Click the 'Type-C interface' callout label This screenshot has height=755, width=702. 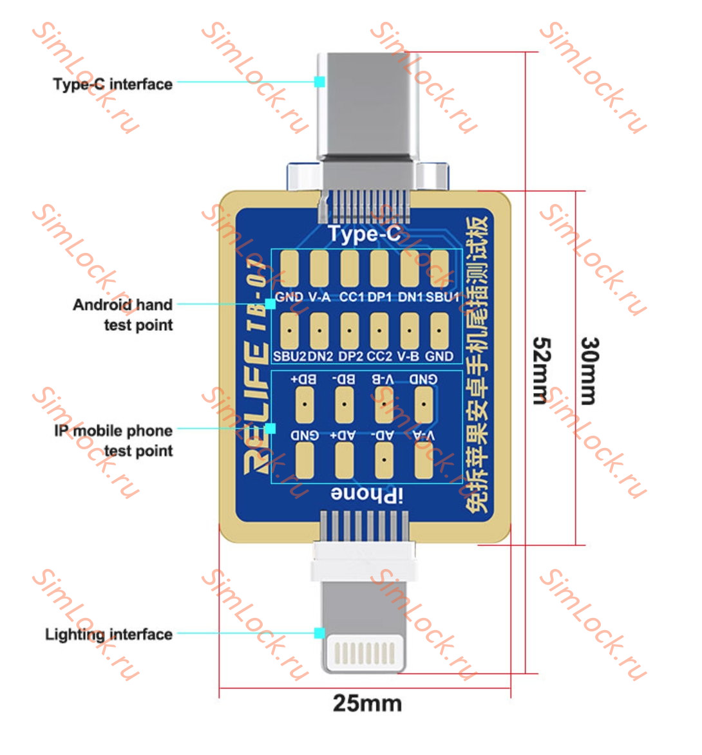pos(113,84)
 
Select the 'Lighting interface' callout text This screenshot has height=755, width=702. pos(109,635)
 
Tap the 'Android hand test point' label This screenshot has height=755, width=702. pos(123,314)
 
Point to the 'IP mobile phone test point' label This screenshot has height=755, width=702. pos(113,440)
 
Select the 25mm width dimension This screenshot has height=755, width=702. pos(367,703)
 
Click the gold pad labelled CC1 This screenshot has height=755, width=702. pos(350,268)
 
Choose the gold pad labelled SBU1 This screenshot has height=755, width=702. pos(439,268)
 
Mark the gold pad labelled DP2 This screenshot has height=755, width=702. pos(349,330)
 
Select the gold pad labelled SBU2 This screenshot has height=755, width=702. pos(290,330)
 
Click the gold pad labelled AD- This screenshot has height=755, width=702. pos(384,461)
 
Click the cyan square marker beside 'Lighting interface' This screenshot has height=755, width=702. pos(319,633)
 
